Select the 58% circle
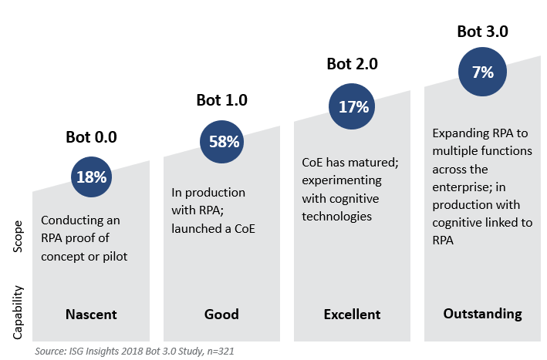click(223, 141)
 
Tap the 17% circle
click(353, 106)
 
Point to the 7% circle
click(482, 72)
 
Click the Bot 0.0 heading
click(92, 138)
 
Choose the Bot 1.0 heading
click(222, 100)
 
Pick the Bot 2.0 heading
click(353, 65)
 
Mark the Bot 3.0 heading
click(482, 32)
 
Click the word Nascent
click(92, 315)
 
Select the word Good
click(222, 315)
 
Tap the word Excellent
click(353, 315)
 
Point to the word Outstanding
click(482, 314)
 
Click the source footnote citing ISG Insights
click(135, 351)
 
